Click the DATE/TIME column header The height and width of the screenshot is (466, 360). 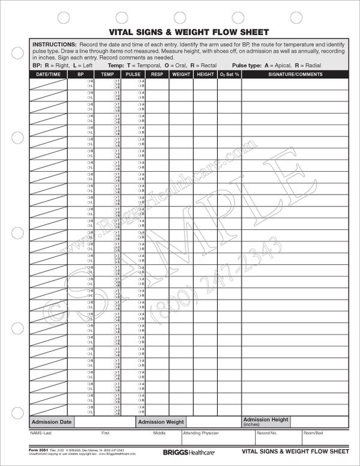47,74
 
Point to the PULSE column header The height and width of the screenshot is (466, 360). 133,74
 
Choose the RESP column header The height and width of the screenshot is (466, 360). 157,74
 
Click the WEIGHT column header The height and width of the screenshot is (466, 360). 181,74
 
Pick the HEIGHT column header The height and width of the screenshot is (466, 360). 205,74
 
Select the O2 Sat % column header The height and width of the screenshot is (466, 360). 229,74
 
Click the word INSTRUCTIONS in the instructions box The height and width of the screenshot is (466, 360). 54,45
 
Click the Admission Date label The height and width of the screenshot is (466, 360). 52,422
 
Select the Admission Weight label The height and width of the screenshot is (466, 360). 161,422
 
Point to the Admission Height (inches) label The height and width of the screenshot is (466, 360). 265,422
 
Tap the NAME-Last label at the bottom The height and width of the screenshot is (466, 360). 43,433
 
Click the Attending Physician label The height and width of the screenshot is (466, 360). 201,433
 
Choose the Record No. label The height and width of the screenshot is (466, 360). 266,433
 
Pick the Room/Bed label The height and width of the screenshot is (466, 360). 313,433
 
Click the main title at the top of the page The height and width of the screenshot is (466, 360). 179,32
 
